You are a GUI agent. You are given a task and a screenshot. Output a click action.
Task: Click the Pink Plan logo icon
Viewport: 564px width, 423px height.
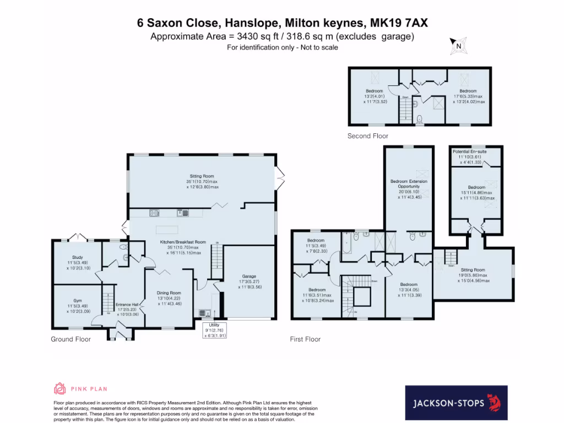[59, 389]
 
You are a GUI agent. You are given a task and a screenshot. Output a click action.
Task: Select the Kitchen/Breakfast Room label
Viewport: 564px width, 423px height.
[182, 242]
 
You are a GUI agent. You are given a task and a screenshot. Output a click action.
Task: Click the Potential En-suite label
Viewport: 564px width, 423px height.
[469, 151]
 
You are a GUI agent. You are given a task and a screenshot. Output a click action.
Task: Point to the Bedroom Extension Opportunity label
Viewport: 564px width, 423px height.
[409, 183]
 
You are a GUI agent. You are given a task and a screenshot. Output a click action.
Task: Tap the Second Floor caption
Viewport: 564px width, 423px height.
[367, 135]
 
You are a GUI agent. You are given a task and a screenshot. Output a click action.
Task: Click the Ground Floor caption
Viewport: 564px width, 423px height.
[70, 339]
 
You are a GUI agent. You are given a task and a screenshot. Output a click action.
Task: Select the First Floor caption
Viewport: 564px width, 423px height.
[305, 339]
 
